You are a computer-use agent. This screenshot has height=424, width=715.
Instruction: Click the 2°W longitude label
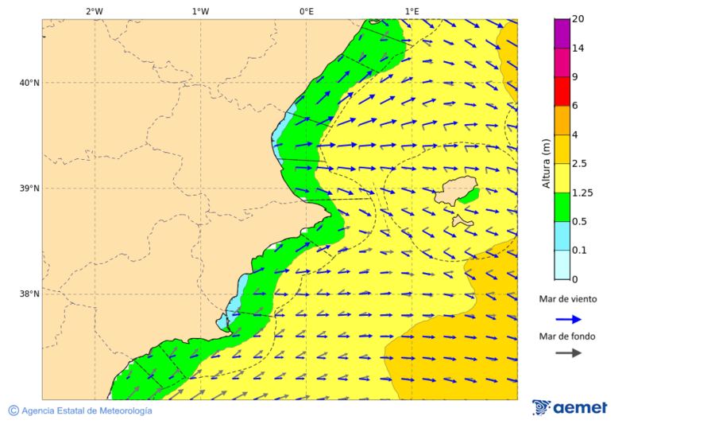point(94,11)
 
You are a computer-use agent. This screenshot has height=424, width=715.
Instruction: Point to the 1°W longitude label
point(200,11)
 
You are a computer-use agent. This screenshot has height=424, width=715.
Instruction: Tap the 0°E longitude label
point(306,11)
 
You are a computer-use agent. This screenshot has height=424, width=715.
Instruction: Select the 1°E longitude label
point(412,11)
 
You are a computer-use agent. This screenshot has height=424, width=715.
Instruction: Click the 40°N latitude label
point(29,83)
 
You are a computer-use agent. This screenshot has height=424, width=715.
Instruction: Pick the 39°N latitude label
point(29,189)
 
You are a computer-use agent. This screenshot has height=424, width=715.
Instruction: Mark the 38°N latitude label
point(29,294)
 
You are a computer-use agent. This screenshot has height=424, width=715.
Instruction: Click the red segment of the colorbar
point(562,91)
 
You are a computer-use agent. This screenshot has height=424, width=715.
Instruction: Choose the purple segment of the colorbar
point(562,33)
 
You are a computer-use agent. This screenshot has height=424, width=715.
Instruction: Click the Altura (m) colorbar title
point(546,162)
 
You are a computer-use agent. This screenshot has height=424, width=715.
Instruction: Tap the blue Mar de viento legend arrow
point(568,319)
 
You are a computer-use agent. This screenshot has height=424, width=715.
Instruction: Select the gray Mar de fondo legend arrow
point(568,353)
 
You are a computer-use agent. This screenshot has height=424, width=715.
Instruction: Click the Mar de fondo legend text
point(566,336)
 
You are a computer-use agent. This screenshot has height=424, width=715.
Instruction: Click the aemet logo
point(570,408)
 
